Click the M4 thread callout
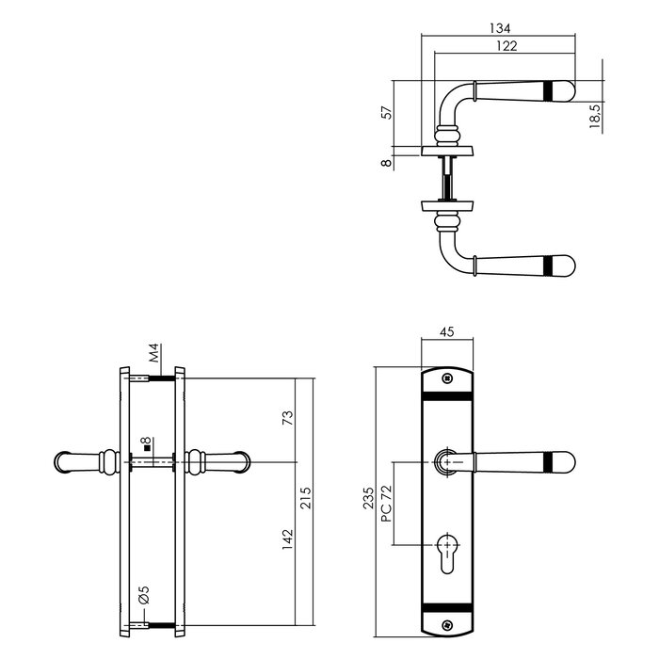(154, 356)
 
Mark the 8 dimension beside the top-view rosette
(385, 162)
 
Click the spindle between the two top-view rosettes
(450, 179)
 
